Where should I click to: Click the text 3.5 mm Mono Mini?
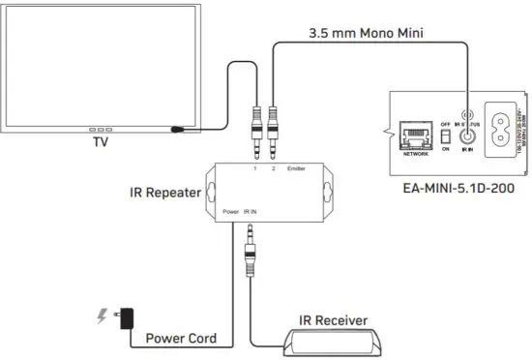pos(363,33)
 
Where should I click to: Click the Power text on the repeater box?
pos(231,210)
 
